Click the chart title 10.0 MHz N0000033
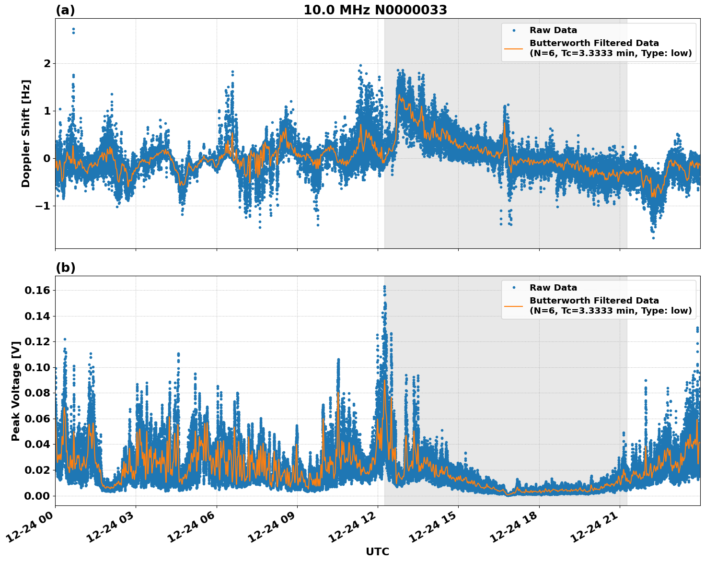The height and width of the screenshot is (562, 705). (x=375, y=10)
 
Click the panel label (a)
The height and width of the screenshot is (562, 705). (x=65, y=10)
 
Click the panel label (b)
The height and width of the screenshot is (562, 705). (x=65, y=268)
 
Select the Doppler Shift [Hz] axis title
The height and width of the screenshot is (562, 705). (x=26, y=133)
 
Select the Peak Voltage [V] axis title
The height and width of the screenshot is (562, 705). (x=16, y=391)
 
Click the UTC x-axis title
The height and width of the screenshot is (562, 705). (x=377, y=551)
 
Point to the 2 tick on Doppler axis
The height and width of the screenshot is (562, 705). (x=47, y=63)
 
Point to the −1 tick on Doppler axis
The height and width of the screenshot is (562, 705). (x=44, y=206)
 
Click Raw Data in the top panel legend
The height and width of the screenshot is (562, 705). (x=553, y=30)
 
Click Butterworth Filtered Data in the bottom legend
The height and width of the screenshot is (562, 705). (x=594, y=301)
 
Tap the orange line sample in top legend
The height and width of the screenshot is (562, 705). (x=513, y=48)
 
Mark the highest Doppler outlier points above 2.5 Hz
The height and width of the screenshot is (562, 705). (x=73, y=31)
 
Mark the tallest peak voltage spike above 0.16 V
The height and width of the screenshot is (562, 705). (x=384, y=287)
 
